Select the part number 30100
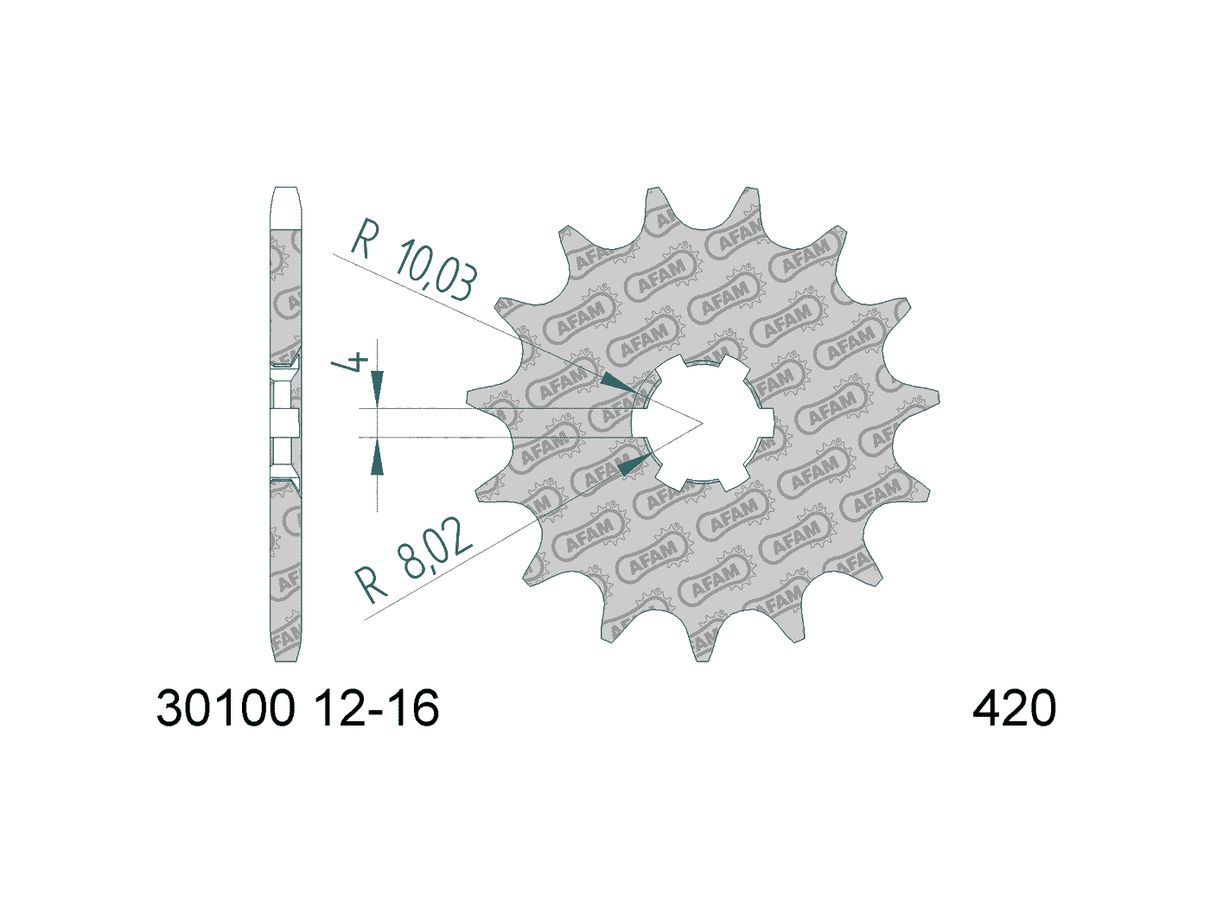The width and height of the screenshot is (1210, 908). point(226,708)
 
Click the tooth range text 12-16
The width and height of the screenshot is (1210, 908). point(376,708)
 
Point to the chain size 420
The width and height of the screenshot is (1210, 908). point(1014,708)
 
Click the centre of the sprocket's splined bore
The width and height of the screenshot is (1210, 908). point(702,423)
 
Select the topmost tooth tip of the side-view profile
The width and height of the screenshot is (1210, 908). point(285,192)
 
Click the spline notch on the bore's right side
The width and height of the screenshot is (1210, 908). point(764,423)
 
